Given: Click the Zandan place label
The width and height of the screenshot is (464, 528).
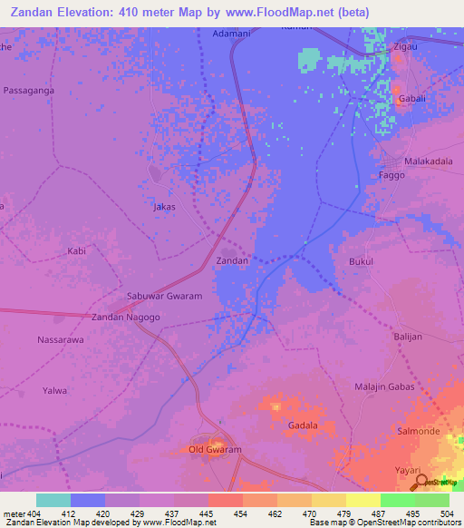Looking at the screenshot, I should pos(232,260).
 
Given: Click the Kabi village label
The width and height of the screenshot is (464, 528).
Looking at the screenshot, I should pos(77,249).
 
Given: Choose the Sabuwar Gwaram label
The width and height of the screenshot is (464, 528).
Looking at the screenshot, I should pos(164,296).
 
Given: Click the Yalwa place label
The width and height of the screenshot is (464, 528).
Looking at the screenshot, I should pos(55,390).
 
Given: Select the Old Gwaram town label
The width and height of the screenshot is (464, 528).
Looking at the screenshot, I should pos(214,450).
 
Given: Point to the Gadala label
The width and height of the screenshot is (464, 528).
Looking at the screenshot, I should pos(303,425).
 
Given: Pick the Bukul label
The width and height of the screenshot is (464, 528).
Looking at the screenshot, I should pos(362,261).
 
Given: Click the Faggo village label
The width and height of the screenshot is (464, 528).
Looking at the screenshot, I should pos(391,174).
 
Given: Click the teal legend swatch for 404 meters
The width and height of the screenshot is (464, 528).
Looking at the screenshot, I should pos(53,500).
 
